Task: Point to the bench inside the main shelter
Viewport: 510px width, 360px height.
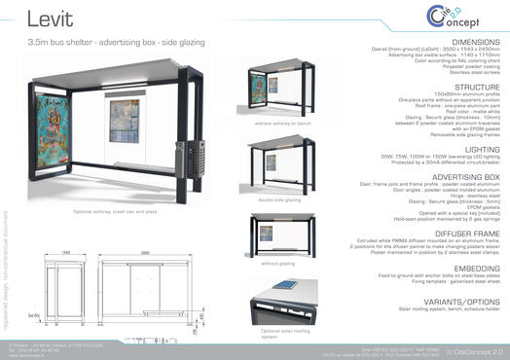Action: tap(136, 166)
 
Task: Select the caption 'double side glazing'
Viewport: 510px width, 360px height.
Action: tap(277, 199)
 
